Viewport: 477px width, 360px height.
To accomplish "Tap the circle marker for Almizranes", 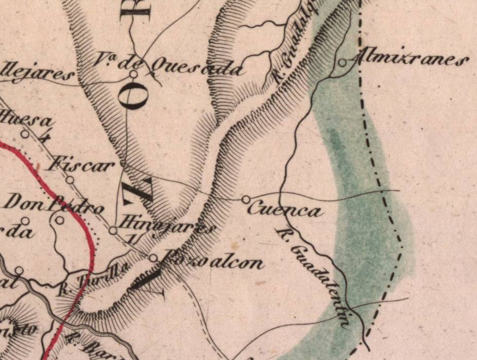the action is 343,63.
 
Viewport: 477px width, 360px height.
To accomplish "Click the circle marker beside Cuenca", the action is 246,199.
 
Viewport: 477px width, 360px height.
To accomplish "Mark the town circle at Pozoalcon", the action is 153,258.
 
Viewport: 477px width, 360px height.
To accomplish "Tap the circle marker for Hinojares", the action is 113,230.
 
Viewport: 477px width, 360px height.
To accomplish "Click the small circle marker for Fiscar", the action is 70,180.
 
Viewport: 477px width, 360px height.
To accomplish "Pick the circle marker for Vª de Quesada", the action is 133,75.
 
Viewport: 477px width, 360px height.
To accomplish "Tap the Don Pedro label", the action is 53,204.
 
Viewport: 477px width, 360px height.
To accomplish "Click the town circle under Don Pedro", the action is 60,220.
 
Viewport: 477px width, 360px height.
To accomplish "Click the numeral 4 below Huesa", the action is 47,137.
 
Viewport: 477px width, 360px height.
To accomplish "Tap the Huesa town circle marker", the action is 25,134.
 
